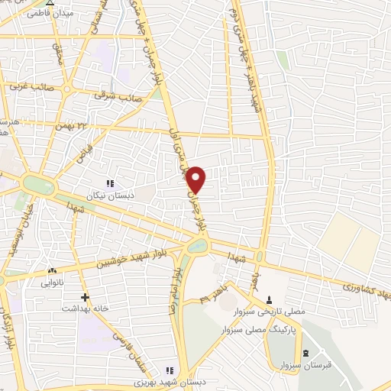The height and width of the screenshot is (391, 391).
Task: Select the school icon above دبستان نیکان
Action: pyautogui.click(x=109, y=183)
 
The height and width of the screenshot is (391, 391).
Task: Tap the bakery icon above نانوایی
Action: pyautogui.click(x=53, y=271)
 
